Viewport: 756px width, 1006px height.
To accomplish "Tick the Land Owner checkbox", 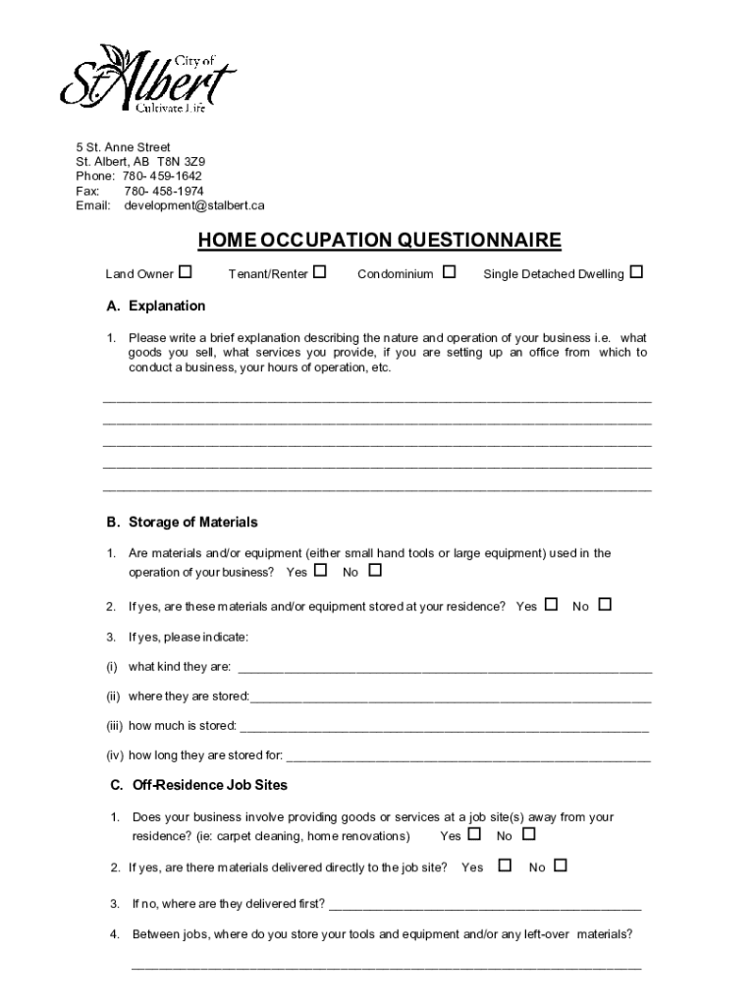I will pos(186,271).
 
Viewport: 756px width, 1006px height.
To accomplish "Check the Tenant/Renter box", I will pos(320,271).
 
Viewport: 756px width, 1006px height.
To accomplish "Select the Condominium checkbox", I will pos(450,271).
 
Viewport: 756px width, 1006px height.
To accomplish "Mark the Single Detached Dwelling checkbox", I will pos(636,271).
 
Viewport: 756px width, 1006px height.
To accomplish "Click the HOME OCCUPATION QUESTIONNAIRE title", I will pos(379,241).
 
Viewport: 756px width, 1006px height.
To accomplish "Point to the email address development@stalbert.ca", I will pos(194,205).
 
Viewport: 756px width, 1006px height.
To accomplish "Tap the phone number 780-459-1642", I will pos(163,176).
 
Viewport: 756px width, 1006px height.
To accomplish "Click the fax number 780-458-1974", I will pos(164,191).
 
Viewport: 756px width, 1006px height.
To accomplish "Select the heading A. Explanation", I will pos(156,306).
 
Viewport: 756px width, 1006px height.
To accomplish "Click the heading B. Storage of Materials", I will pos(183,522).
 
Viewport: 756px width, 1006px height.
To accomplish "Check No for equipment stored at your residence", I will pos(605,604).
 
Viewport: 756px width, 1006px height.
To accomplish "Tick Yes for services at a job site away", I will pos(475,834).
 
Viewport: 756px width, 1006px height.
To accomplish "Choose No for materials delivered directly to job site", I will pos(561,866).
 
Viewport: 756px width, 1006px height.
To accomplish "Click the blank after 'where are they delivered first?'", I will pos(484,904).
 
